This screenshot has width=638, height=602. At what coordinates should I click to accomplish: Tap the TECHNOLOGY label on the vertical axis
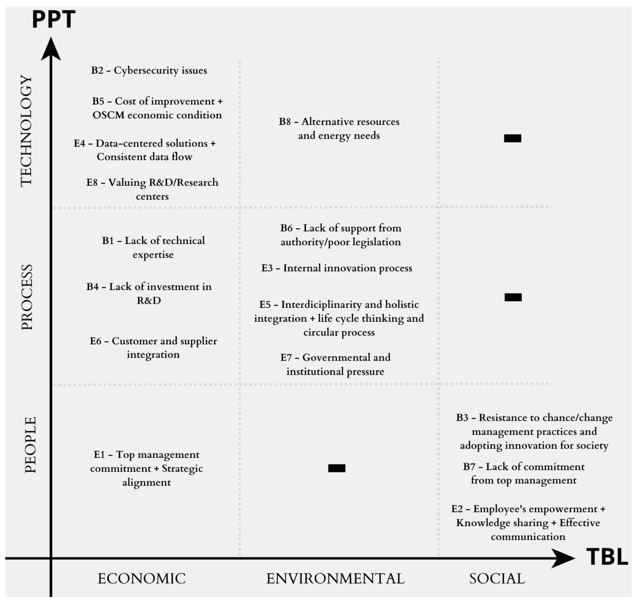(x=26, y=131)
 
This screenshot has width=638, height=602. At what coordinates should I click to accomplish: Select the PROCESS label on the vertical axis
(x=27, y=297)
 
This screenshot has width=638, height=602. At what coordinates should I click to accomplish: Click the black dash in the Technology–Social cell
(x=512, y=138)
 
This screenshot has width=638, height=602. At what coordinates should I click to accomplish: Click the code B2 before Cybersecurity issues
(x=97, y=70)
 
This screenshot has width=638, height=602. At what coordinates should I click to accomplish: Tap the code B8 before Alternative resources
(x=285, y=122)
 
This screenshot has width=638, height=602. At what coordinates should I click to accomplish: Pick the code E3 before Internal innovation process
(x=267, y=268)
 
